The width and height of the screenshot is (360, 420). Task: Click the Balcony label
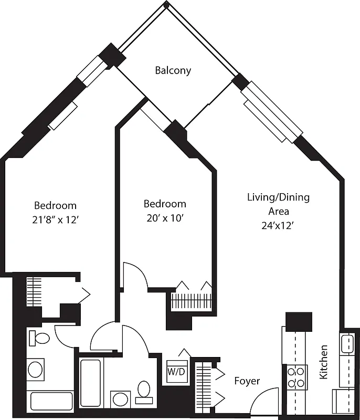(x=173, y=70)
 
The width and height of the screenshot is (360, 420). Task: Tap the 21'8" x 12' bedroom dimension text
(x=55, y=220)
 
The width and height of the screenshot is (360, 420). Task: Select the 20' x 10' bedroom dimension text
(x=165, y=217)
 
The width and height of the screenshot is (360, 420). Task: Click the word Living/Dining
(x=278, y=197)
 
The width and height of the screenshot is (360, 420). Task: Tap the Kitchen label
(x=324, y=362)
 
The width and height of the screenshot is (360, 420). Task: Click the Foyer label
(x=247, y=381)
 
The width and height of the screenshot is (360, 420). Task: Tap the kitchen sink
(x=347, y=344)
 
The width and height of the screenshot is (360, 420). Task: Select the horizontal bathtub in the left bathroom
(x=51, y=402)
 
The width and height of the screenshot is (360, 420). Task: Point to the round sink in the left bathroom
(x=36, y=370)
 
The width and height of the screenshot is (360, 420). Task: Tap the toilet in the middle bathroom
(x=143, y=391)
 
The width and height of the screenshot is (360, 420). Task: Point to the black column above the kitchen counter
(x=298, y=321)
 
